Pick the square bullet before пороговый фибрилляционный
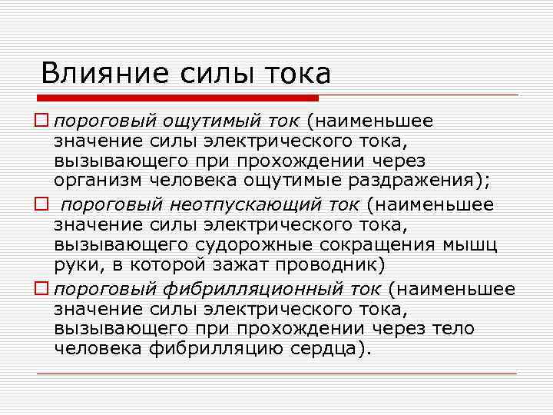[x=45, y=289]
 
